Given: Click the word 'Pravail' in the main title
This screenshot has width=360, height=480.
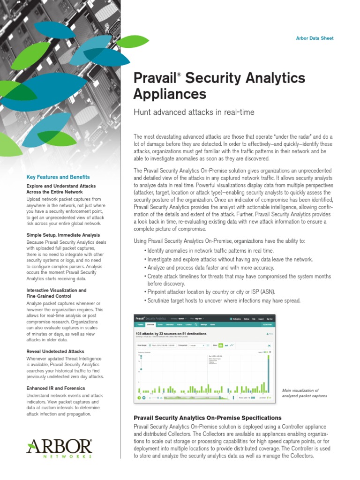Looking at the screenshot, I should point(154,78).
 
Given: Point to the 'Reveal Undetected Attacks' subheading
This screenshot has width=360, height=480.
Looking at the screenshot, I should point(56,351).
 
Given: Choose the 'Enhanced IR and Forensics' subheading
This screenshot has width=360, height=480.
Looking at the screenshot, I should point(56,388).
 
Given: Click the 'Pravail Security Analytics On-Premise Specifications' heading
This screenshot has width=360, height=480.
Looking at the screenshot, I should point(207,417).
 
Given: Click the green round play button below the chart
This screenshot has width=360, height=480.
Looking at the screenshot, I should point(139,397).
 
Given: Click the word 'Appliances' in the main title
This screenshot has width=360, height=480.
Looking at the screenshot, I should point(170,94).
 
